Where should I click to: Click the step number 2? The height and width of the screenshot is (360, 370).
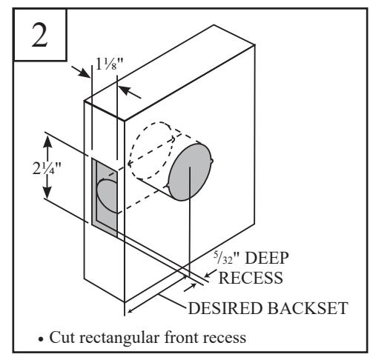click(39, 35)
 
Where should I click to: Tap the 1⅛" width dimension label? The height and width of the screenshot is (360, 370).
click(110, 64)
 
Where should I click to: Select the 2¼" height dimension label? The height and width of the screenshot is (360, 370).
click(47, 169)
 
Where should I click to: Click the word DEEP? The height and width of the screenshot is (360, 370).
click(266, 259)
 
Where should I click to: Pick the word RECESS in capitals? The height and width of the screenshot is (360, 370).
click(251, 278)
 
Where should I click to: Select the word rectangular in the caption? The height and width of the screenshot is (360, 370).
click(120, 338)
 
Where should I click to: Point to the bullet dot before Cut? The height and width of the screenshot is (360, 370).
click(41, 339)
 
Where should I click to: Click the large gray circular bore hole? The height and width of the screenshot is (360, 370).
click(190, 172)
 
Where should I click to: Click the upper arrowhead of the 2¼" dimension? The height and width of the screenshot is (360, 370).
click(47, 141)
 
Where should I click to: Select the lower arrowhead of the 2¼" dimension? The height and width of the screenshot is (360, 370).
click(47, 192)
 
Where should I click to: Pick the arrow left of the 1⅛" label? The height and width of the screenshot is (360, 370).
click(81, 72)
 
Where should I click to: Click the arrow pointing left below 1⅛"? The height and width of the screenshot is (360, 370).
click(129, 92)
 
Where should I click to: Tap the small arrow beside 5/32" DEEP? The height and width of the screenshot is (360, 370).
click(210, 274)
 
